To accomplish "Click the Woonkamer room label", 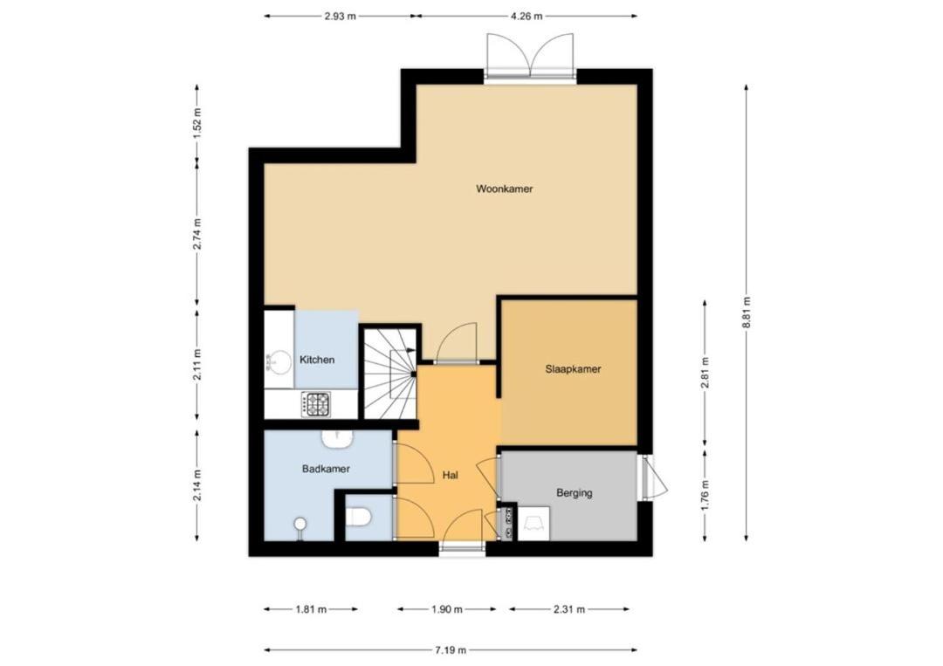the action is [504, 189].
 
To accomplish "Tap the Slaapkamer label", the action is [573, 369].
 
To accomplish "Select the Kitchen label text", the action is [317, 360].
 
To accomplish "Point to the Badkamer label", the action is [326, 469].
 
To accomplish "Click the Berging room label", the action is [575, 493].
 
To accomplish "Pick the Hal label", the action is [450, 475].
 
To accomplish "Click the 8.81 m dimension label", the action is [747, 312].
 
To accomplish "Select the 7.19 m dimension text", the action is [451, 649].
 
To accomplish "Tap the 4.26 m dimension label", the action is [527, 17].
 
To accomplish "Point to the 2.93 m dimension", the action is [340, 17].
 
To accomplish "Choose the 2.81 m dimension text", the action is [705, 373].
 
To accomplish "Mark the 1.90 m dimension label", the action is [447, 609].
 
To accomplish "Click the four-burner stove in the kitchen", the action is [316, 404].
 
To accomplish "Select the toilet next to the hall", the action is [360, 517].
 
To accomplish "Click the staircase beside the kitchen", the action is [390, 373].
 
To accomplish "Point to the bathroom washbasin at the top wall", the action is [337, 439].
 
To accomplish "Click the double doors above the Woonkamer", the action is [530, 57].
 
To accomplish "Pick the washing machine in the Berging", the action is [533, 524].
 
